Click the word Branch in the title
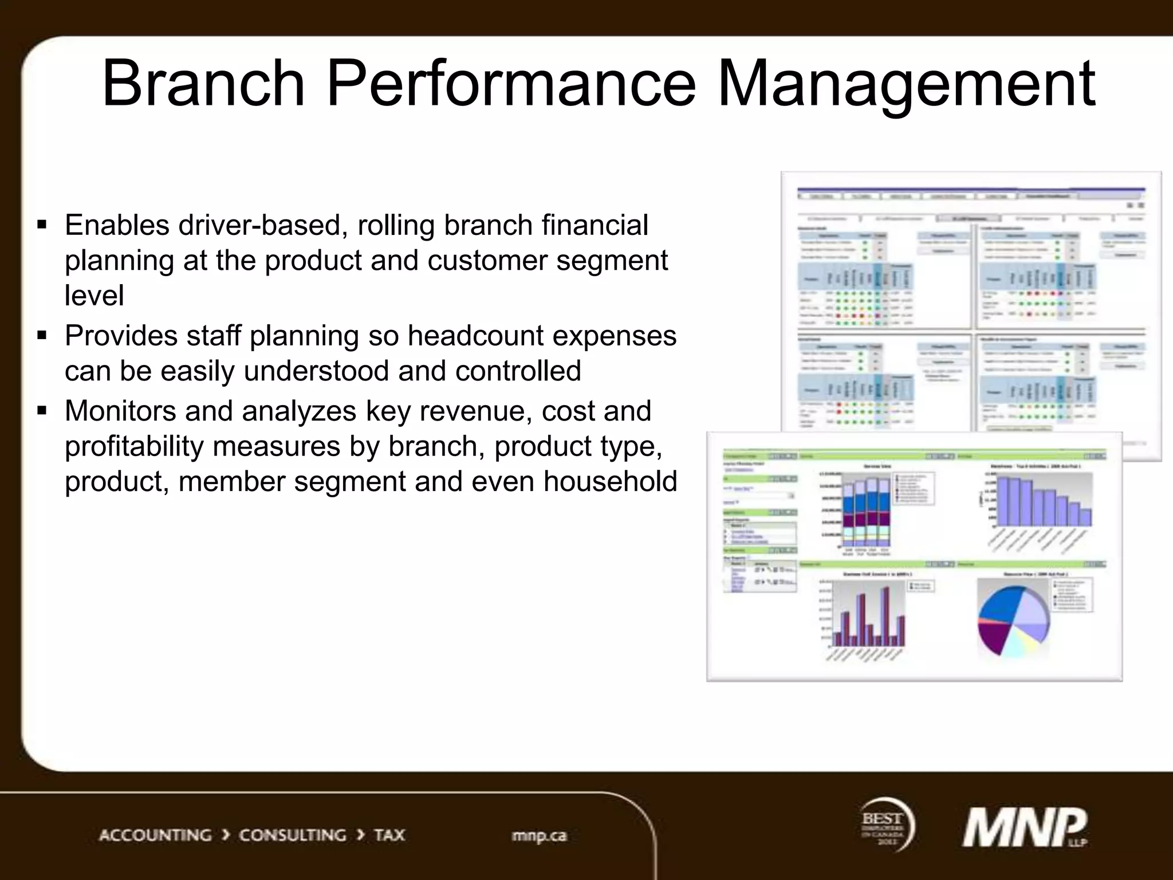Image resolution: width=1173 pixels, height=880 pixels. (x=203, y=84)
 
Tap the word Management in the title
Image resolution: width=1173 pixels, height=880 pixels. (x=906, y=84)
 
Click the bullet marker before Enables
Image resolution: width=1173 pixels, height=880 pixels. (x=42, y=224)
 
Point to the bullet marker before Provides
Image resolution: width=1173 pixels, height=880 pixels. (x=42, y=335)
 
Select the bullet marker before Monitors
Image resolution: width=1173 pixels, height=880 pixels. (x=42, y=410)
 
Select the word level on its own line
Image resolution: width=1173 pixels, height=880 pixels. (x=94, y=296)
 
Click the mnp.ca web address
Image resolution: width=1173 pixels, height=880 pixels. (x=538, y=836)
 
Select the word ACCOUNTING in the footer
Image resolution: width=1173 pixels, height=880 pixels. (x=155, y=835)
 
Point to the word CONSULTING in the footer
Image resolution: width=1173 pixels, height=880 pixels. (x=292, y=835)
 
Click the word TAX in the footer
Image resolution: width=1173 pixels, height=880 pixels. (x=389, y=835)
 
